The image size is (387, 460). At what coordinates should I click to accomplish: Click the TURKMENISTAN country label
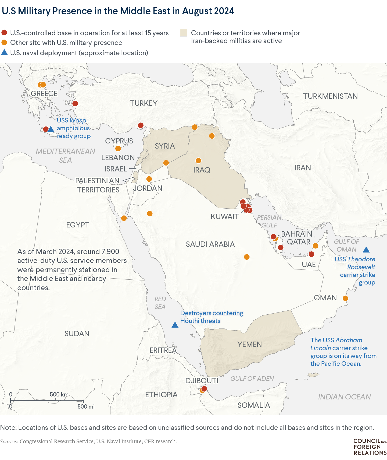330,96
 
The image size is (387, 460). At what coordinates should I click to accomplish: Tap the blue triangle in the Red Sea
175,325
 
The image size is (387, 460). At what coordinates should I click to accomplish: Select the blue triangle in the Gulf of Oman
366,250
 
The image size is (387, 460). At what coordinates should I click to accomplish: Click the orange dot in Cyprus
118,149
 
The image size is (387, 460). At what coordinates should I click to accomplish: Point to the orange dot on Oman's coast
345,298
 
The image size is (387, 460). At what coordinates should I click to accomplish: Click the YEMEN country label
249,344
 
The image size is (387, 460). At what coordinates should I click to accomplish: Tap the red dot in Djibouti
204,389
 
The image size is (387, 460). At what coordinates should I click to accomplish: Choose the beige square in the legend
184,33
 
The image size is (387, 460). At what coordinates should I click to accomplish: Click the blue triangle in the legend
4,53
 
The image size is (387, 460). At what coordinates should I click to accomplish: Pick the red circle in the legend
4,33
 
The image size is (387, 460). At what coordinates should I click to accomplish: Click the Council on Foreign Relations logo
370,447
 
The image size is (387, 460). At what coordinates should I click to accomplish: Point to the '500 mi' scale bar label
86,406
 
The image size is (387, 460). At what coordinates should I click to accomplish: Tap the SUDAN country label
77,333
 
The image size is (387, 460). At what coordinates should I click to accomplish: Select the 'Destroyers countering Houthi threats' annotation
212,317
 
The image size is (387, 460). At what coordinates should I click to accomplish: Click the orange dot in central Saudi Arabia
247,257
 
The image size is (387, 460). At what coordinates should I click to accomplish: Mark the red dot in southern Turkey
141,125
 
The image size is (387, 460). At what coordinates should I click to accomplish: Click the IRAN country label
303,168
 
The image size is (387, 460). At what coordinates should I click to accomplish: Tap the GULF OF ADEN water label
252,378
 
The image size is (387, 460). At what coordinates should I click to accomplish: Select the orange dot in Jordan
149,179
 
